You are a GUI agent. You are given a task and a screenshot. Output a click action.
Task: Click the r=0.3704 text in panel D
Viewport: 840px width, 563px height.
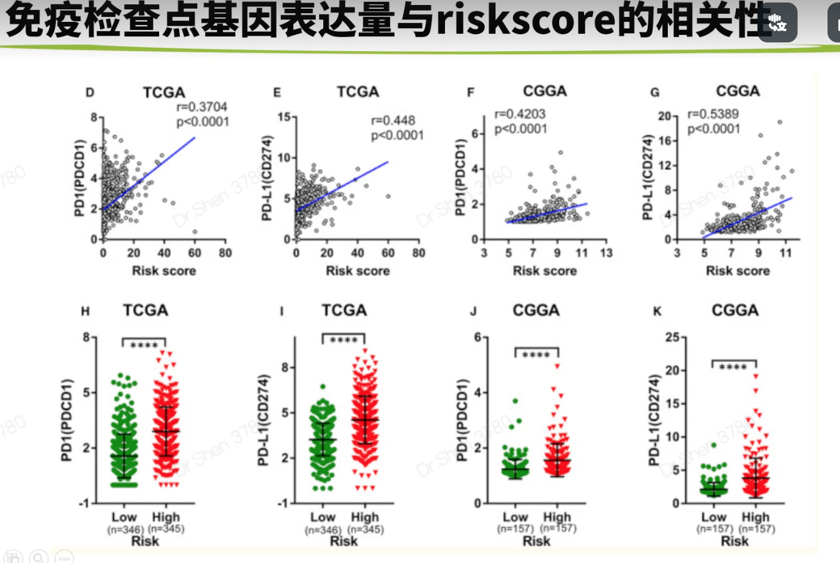202,107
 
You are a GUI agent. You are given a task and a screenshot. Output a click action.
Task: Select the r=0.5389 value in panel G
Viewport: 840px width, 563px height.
713,114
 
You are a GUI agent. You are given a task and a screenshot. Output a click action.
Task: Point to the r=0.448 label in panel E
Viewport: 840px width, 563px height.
393,120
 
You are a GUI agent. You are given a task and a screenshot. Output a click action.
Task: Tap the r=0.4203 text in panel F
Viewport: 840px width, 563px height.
520,114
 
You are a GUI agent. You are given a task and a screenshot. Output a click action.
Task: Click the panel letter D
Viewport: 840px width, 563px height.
90,93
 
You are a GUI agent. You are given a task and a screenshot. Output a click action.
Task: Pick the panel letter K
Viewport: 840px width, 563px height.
657,311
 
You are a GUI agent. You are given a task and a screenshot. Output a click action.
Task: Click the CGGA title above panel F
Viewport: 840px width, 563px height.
544,91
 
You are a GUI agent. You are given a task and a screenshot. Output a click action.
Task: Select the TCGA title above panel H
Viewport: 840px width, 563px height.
145,310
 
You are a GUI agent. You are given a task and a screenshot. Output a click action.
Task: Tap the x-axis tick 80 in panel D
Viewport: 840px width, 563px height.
225,253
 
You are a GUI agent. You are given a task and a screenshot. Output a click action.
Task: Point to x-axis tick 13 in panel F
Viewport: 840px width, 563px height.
606,253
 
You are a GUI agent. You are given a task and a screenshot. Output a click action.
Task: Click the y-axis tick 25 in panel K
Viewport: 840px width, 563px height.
672,338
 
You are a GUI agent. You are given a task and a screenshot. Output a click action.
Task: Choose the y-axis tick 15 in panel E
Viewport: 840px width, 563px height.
283,117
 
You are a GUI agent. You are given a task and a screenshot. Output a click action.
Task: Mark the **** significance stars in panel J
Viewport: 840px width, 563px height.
536,355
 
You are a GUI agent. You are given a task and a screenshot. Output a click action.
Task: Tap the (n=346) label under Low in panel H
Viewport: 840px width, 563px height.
125,529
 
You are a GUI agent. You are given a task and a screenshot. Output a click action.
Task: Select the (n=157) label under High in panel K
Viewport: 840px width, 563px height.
756,529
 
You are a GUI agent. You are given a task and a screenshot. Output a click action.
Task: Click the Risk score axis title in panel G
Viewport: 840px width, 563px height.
737,271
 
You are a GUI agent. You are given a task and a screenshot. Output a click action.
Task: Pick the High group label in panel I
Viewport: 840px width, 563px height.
364,517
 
